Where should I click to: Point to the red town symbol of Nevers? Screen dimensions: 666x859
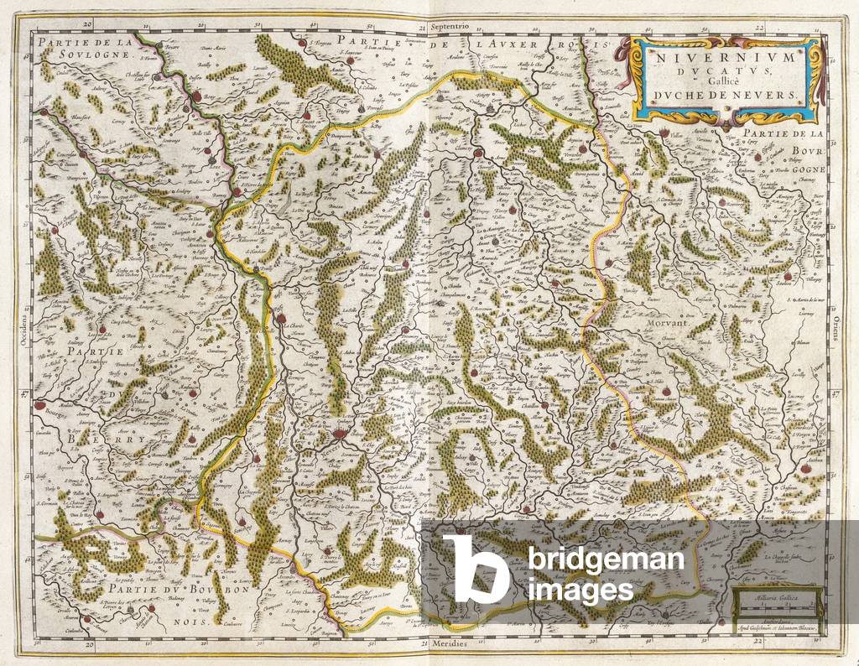(x=338, y=434)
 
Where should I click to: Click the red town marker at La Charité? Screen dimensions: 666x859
(x=279, y=316)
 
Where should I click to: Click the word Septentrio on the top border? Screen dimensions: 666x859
(x=451, y=26)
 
